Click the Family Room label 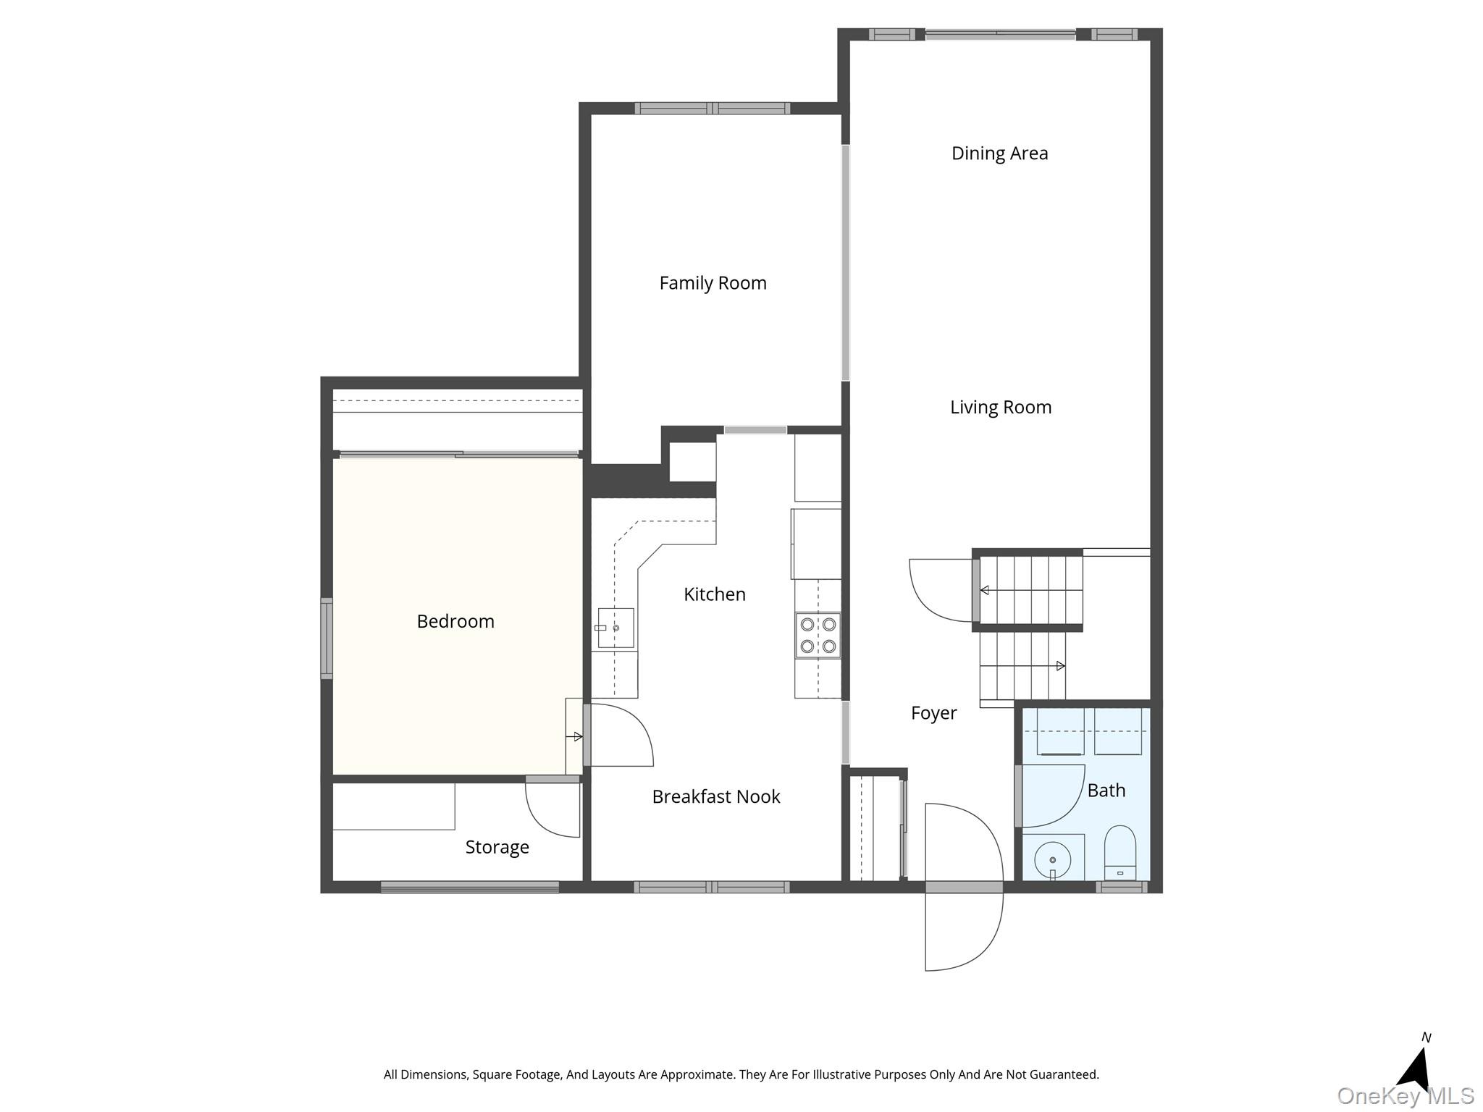click(713, 283)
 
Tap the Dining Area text click(999, 153)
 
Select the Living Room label click(1001, 408)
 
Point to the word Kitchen click(715, 594)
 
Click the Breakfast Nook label click(716, 797)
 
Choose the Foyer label click(933, 714)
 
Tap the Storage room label click(497, 848)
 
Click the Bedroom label click(455, 621)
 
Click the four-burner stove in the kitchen click(818, 636)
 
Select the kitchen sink click(616, 628)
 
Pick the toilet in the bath click(1120, 853)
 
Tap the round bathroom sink click(1053, 860)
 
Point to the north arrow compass click(1416, 1069)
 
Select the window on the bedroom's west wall click(327, 639)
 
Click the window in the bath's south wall click(1122, 887)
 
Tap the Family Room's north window click(713, 109)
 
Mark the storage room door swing click(553, 809)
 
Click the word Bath click(1106, 791)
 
